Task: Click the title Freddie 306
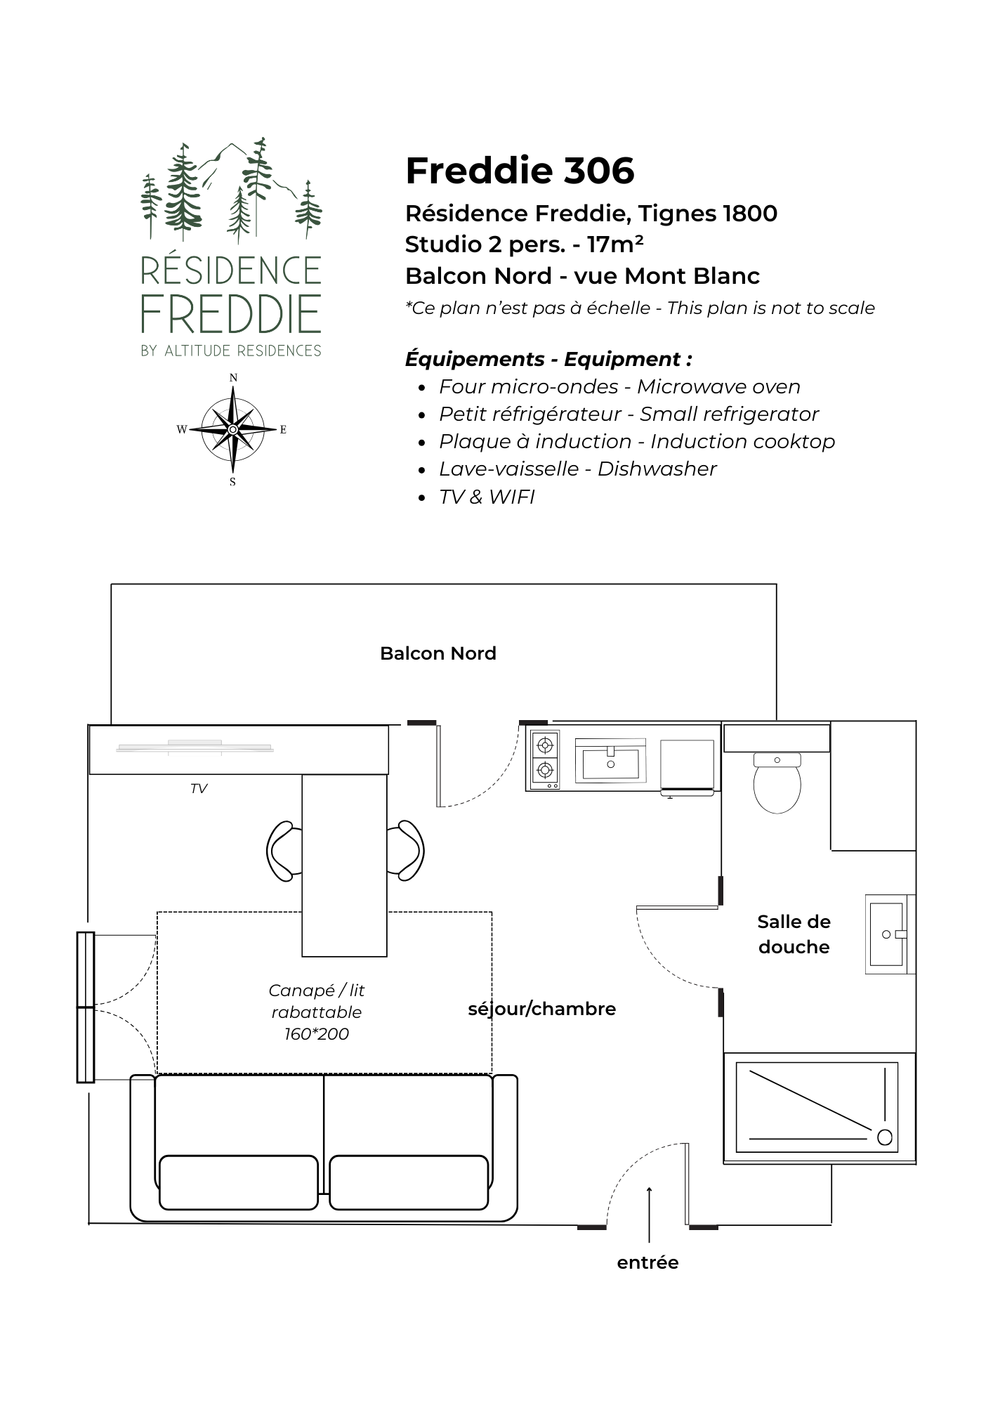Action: click(x=520, y=171)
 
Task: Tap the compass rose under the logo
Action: click(x=232, y=429)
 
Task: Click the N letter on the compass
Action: click(x=233, y=378)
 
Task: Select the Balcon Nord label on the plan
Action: click(x=438, y=653)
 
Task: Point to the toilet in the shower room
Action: click(x=777, y=783)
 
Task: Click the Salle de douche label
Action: click(x=794, y=934)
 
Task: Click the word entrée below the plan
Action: click(x=647, y=1262)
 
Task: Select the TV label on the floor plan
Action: click(x=199, y=789)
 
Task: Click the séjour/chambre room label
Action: click(x=542, y=1009)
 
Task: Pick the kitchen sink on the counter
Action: click(x=610, y=760)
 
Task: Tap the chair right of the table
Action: click(x=406, y=851)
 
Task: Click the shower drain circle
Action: click(x=885, y=1137)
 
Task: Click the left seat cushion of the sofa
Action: click(x=239, y=1182)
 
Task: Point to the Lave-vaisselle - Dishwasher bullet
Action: click(x=577, y=469)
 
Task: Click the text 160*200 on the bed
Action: click(x=317, y=1034)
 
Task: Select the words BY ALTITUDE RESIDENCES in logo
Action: click(x=231, y=351)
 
